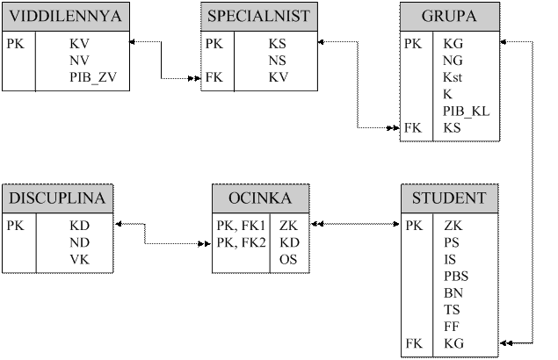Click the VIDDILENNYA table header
pyautogui.click(x=66, y=17)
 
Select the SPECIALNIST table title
pyautogui.click(x=258, y=17)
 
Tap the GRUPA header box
pyautogui.click(x=450, y=17)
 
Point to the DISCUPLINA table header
pyautogui.click(x=57, y=198)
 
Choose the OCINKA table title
pyautogui.click(x=258, y=198)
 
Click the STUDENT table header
pyautogui.click(x=450, y=198)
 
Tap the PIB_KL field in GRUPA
pyautogui.click(x=467, y=111)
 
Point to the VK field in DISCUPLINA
pyautogui.click(x=79, y=259)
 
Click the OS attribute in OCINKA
pyautogui.click(x=288, y=259)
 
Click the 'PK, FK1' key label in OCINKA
pyautogui.click(x=240, y=226)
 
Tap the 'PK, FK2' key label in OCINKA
pyautogui.click(x=240, y=242)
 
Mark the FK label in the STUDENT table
pyautogui.click(x=413, y=342)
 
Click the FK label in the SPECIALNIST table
pyautogui.click(x=214, y=77)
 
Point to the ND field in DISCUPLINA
pyautogui.click(x=79, y=242)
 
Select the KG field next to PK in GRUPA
pyautogui.click(x=453, y=43)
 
